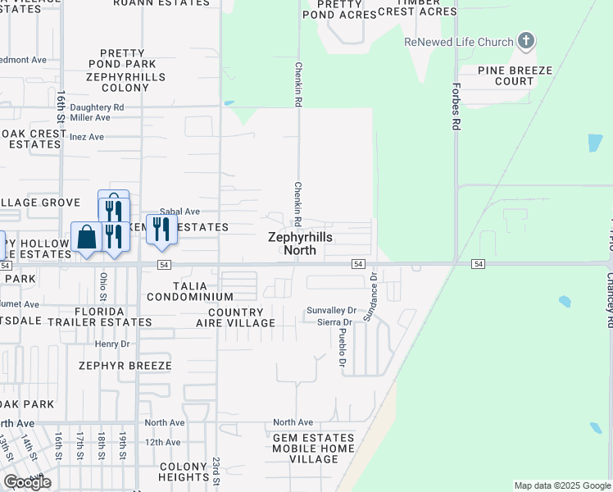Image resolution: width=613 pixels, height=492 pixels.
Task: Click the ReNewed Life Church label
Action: [458, 42]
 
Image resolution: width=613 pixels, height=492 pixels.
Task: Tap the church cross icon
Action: [526, 41]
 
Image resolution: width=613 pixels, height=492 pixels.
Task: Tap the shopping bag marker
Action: [87, 238]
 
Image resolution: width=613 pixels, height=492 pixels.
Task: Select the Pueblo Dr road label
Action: [343, 346]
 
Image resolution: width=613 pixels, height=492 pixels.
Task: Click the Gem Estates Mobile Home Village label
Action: [315, 449]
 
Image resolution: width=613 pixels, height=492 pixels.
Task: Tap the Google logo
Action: [27, 482]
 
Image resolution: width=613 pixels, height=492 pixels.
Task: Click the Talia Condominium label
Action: [191, 291]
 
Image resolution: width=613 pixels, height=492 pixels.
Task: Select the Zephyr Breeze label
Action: [125, 366]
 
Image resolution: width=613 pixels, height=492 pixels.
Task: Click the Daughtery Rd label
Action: [97, 107]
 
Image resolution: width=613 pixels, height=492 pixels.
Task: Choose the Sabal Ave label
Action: [180, 212]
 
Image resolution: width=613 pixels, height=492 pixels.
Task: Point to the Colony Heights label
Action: [184, 471]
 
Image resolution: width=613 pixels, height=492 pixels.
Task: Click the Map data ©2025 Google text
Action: [561, 485]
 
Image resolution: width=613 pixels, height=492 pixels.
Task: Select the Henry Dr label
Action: [113, 344]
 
